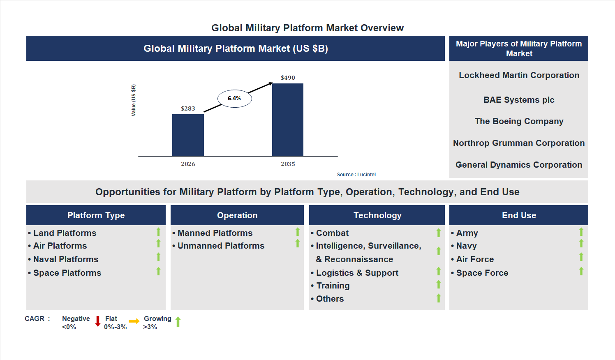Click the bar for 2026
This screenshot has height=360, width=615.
click(x=188, y=135)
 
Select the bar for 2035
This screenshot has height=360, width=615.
click(x=288, y=120)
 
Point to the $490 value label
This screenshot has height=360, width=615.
click(x=288, y=78)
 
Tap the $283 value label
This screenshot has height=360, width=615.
click(x=188, y=108)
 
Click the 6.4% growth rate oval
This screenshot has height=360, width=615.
click(x=234, y=99)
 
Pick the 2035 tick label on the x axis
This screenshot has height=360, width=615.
click(x=288, y=164)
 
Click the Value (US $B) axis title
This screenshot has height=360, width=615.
click(x=133, y=100)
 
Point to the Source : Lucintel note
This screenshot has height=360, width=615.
click(x=356, y=175)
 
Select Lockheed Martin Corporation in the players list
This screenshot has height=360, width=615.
click(x=519, y=75)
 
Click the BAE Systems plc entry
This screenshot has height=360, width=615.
click(x=519, y=100)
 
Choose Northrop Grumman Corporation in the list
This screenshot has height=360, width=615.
click(x=519, y=143)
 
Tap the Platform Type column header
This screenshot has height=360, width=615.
click(x=96, y=215)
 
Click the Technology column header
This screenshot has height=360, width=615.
click(x=377, y=215)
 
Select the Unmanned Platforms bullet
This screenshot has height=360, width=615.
click(x=221, y=246)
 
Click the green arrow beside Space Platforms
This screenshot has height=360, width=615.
click(x=158, y=271)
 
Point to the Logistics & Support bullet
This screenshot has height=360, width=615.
click(x=357, y=273)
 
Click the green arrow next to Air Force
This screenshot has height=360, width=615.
click(x=581, y=257)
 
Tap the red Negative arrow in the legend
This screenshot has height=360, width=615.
click(x=98, y=321)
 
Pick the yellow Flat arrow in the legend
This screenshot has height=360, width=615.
click(x=134, y=321)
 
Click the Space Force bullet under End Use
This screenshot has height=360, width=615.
click(x=482, y=273)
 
